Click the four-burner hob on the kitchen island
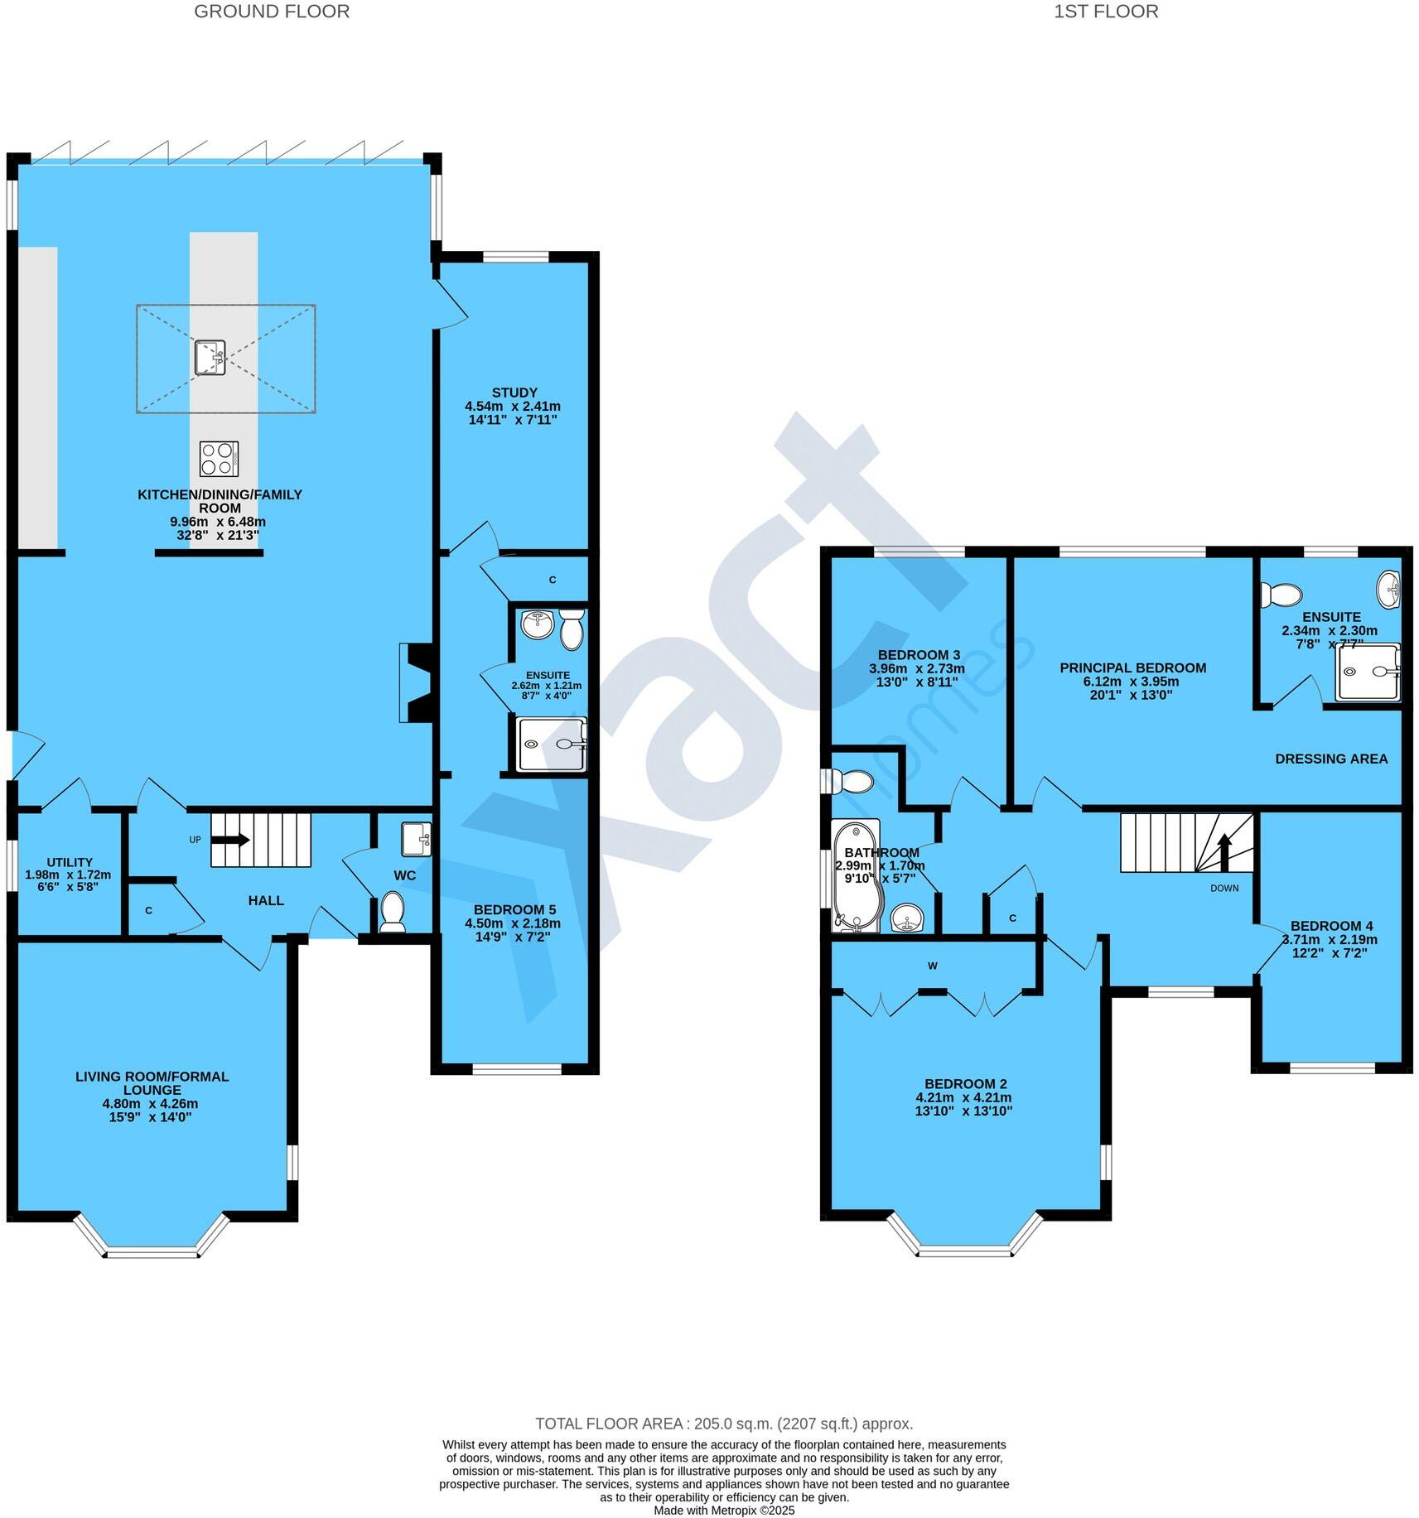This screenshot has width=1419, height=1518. pyautogui.click(x=219, y=459)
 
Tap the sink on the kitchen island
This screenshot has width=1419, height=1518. pyautogui.click(x=210, y=358)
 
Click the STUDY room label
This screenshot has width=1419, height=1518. pyautogui.click(x=514, y=393)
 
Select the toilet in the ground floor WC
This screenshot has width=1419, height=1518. pyautogui.click(x=392, y=911)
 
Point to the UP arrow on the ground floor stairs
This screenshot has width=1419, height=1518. pyautogui.click(x=231, y=840)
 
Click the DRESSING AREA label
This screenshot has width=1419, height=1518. pyautogui.click(x=1330, y=759)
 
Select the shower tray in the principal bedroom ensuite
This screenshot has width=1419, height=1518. pyautogui.click(x=1366, y=672)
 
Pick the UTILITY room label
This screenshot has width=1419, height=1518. pyautogui.click(x=70, y=862)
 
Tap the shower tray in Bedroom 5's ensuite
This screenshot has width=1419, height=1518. pyautogui.click(x=551, y=744)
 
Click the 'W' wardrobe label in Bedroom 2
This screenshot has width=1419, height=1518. pyautogui.click(x=933, y=966)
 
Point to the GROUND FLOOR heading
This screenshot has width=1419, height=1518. pyautogui.click(x=272, y=12)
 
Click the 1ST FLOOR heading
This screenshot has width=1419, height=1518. pyautogui.click(x=1105, y=12)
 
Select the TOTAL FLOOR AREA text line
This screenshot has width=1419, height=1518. pyautogui.click(x=723, y=1424)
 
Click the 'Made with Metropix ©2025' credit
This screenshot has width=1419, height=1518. pyautogui.click(x=723, y=1510)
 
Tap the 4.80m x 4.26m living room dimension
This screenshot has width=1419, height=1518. pyautogui.click(x=151, y=1104)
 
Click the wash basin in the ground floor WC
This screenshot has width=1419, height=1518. pyautogui.click(x=415, y=838)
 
